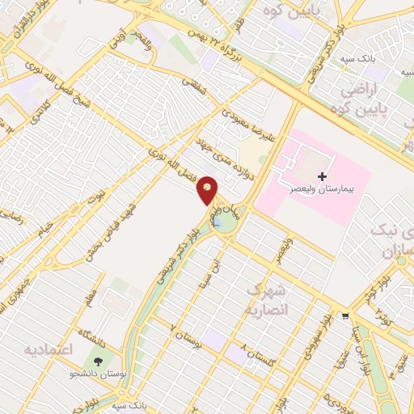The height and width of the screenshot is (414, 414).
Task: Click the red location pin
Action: (208, 188)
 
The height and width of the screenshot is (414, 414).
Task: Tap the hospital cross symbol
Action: (322, 175)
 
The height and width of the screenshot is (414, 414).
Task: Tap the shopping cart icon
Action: (345, 316)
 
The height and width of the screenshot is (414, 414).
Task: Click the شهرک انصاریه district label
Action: (264, 298)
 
